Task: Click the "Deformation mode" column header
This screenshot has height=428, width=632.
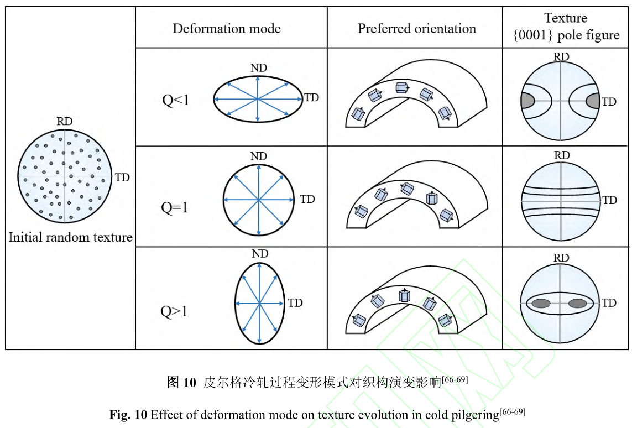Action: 226,29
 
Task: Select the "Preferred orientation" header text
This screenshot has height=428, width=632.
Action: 416,29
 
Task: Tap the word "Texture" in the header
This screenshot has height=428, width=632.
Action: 566,18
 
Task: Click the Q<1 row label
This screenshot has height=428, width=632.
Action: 175,101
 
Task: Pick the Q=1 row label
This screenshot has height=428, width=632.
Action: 175,207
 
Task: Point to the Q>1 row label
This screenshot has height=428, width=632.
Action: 174,311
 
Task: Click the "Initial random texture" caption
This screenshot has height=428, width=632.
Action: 70,237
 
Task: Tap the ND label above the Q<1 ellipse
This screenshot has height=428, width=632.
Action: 258,67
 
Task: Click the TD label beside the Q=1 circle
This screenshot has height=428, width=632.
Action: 307,199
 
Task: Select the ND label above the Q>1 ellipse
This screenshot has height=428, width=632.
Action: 259,254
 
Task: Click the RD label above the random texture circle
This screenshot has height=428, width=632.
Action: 65,122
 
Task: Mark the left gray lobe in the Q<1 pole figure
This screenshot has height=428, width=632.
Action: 527,101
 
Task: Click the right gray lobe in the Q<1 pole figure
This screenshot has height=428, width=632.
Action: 593,101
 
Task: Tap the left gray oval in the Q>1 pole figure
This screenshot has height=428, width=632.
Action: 542,303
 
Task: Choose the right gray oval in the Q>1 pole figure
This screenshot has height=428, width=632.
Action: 577,303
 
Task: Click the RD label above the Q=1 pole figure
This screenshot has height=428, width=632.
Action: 561,155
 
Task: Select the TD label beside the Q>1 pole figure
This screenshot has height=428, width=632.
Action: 609,303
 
